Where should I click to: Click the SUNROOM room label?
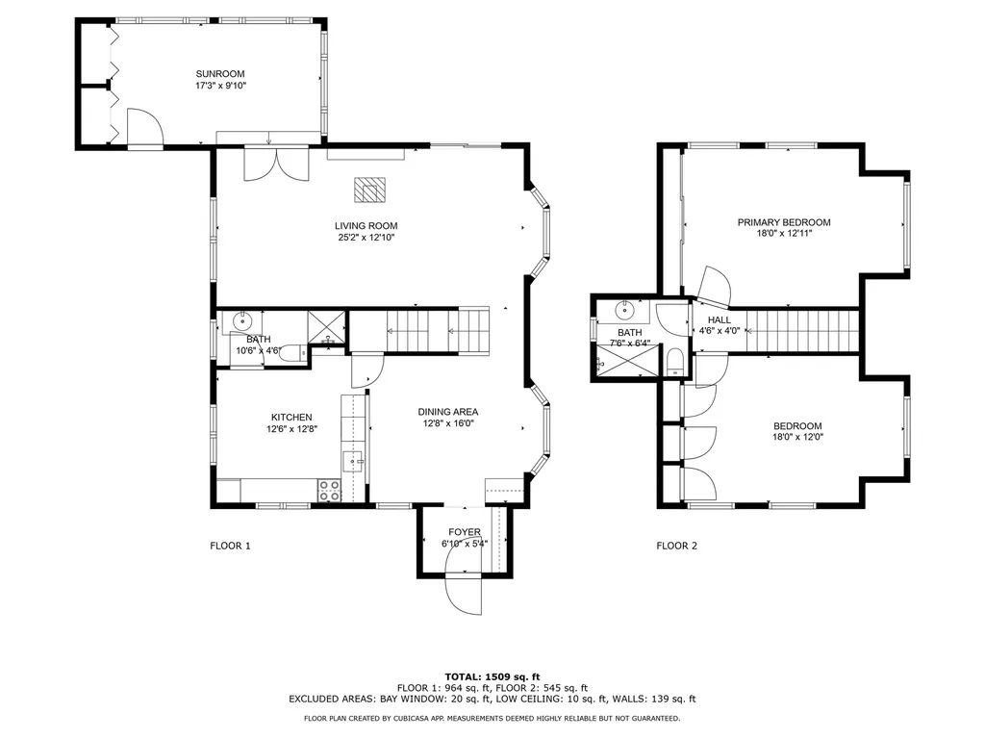220,74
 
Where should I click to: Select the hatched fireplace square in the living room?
367,191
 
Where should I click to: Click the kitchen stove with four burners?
329,490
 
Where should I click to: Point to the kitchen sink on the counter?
353,461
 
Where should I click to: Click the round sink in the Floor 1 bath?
243,320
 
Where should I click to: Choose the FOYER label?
465,532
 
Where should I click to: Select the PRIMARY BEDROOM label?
783,222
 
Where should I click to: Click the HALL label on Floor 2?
720,319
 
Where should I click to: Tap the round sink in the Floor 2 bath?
627,310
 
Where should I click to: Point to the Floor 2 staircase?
801,331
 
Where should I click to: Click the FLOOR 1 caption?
230,546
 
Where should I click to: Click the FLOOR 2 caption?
676,546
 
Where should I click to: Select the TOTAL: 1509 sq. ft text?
492,676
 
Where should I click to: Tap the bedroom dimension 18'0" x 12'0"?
797,437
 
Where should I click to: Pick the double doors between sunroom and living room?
276,162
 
